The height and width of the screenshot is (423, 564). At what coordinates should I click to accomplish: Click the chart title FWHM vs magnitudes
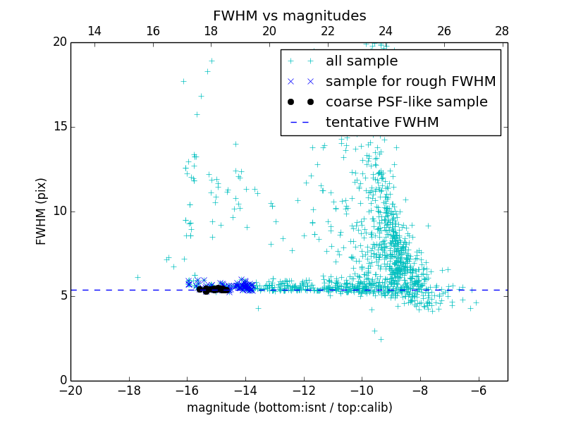(289, 16)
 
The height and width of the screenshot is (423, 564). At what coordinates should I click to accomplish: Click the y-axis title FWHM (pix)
(42, 211)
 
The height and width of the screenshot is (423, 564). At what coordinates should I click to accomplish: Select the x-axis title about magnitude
(289, 407)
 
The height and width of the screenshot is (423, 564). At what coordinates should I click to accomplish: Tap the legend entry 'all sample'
(362, 61)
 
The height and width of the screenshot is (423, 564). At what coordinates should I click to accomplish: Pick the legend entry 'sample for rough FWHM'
(411, 82)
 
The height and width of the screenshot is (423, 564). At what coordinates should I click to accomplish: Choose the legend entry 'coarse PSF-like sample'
(407, 102)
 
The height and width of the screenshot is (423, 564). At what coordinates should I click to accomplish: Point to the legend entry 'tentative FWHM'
(382, 123)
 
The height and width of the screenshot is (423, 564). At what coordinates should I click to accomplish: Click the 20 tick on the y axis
(59, 42)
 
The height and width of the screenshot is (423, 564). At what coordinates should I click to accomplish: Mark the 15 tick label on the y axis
(59, 127)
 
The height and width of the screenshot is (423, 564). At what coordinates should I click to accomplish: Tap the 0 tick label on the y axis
(63, 381)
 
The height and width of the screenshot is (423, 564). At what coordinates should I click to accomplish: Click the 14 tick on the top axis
(94, 31)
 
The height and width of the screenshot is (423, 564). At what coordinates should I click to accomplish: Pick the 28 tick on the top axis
(502, 31)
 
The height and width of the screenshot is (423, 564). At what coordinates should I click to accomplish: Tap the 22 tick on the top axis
(327, 31)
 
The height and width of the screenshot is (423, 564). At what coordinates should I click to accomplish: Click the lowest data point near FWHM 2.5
(381, 339)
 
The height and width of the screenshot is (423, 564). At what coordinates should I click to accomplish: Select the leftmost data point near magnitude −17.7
(137, 277)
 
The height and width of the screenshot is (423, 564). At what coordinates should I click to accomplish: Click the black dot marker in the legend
(300, 102)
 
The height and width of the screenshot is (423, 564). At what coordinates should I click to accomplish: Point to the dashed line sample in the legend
(300, 123)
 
